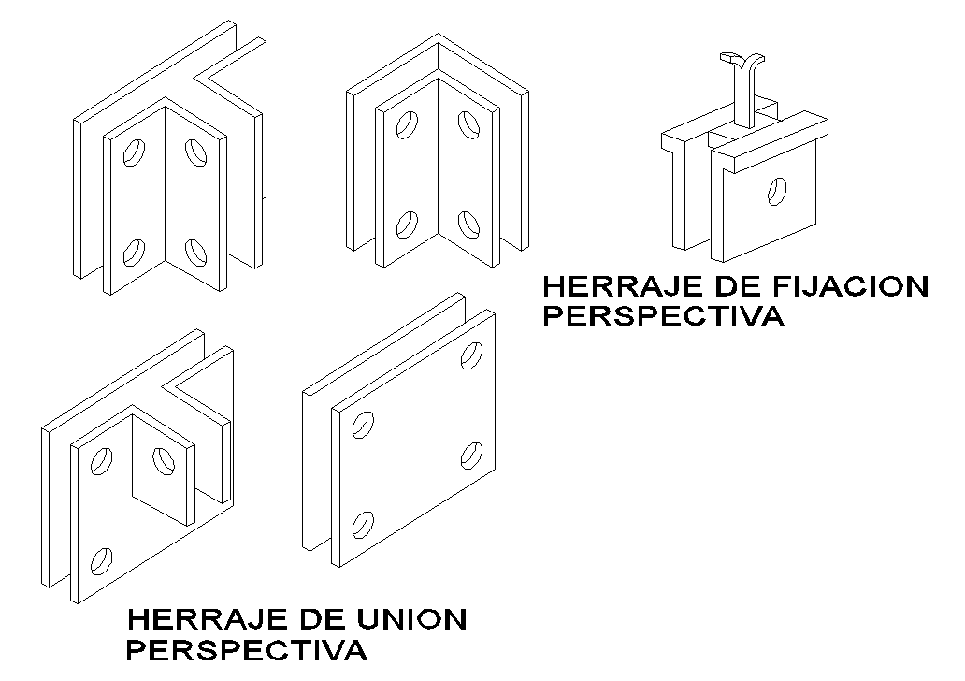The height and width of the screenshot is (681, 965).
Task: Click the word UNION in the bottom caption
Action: click(x=411, y=619)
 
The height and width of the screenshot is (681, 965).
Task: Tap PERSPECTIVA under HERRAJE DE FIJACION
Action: click(x=663, y=316)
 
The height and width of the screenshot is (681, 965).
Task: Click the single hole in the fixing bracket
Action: click(x=775, y=192)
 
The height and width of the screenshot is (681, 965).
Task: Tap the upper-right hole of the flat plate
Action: click(x=473, y=355)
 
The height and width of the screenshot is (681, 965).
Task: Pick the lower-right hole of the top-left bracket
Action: click(x=194, y=251)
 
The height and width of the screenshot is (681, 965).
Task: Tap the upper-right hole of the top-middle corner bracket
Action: click(x=467, y=123)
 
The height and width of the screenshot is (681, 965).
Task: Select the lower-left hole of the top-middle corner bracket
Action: click(x=406, y=225)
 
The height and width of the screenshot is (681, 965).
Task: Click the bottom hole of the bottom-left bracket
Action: click(x=100, y=559)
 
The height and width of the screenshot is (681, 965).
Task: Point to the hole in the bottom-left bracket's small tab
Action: click(x=164, y=460)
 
